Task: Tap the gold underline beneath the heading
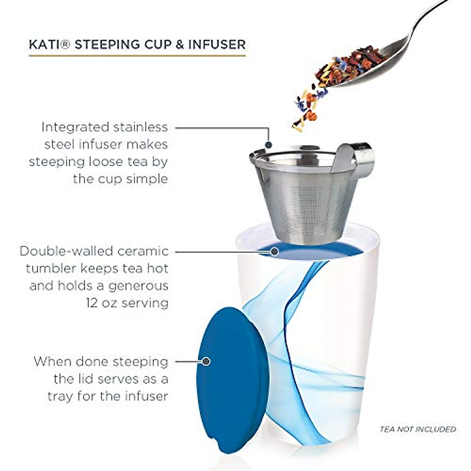click(x=137, y=55)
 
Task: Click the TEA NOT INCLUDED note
click(x=418, y=429)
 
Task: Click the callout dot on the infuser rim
click(x=268, y=145)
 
